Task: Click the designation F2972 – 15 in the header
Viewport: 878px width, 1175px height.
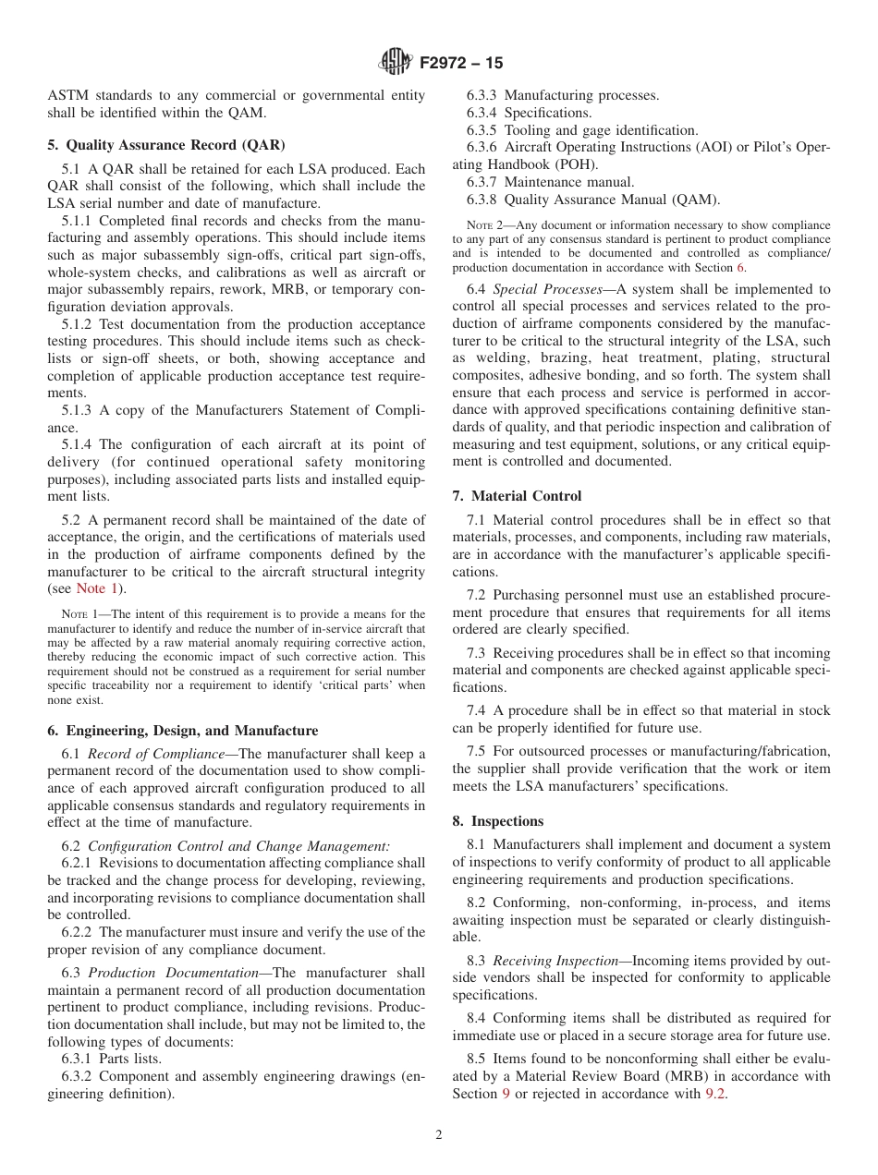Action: [461, 64]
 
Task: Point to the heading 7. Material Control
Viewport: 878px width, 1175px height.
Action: [517, 496]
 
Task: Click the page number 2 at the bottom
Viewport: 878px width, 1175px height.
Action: [439, 1135]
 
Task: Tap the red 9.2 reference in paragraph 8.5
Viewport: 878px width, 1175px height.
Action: [715, 1094]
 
